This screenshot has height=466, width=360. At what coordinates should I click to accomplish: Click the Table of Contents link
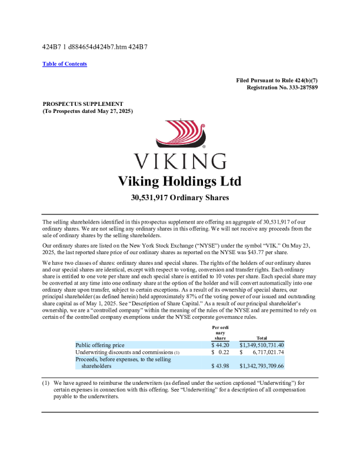click(x=65, y=64)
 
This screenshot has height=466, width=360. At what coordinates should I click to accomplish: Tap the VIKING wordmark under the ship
click(x=180, y=161)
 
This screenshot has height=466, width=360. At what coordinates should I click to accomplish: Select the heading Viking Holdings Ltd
click(x=180, y=181)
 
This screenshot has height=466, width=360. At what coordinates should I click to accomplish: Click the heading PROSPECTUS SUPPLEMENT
click(x=82, y=104)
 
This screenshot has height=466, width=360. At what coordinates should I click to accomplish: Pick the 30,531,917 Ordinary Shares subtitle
click(x=180, y=198)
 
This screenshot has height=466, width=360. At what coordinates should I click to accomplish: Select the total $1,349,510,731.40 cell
click(x=262, y=345)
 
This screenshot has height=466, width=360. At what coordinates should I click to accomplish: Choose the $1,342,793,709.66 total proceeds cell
click(x=262, y=366)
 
